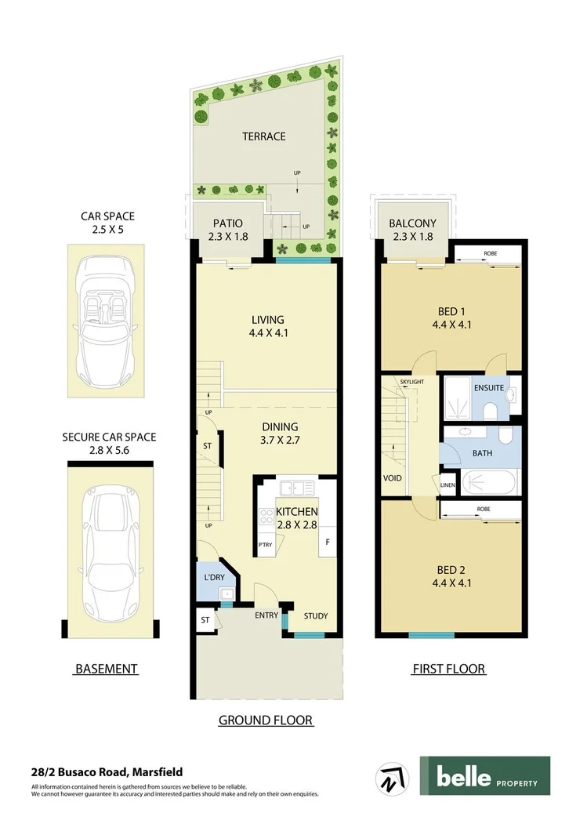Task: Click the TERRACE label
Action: (263, 136)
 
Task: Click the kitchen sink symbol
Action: (296, 488)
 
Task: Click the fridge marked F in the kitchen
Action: (328, 542)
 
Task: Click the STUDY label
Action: (316, 615)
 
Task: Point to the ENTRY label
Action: (266, 615)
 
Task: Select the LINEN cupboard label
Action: (447, 485)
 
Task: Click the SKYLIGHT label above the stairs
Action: (411, 382)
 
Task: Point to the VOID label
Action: (393, 477)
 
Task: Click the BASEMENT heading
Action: (106, 669)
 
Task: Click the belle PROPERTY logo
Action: (484, 776)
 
